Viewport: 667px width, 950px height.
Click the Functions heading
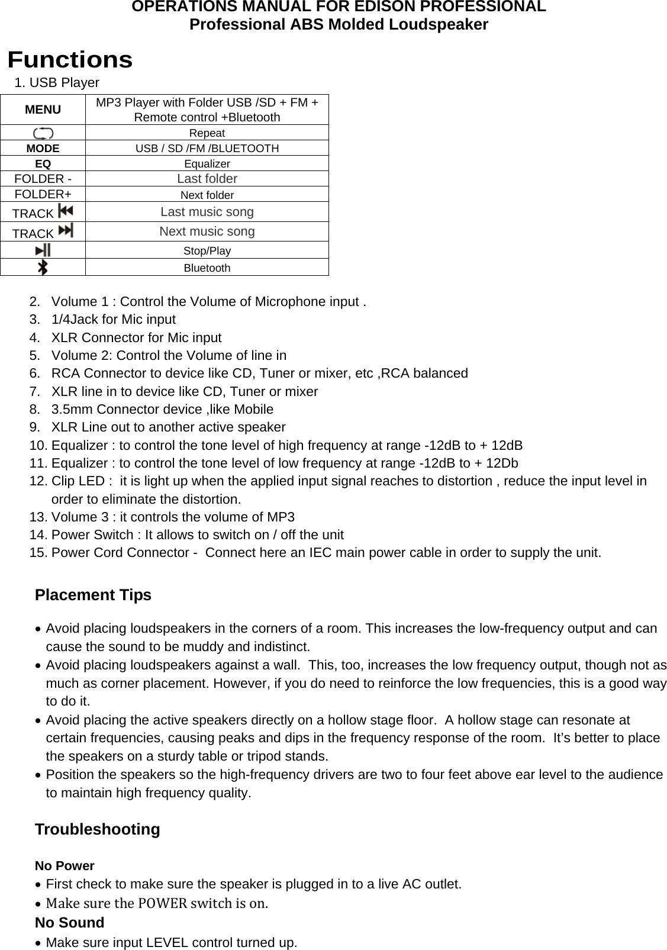[x=70, y=60]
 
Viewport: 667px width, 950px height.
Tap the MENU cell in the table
[x=43, y=110]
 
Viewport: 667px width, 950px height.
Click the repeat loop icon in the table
[x=43, y=133]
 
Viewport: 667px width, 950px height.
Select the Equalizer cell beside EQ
[x=207, y=163]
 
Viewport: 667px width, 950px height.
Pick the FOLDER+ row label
[x=43, y=194]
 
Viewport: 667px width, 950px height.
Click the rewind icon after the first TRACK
[x=66, y=211]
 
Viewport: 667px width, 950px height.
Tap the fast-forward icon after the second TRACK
[x=66, y=230]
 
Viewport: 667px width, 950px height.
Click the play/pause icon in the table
[x=43, y=250]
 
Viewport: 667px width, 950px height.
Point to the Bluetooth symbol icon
[x=43, y=268]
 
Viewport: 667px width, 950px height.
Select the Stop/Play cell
[x=207, y=250]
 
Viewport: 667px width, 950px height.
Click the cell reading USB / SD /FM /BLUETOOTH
[x=207, y=148]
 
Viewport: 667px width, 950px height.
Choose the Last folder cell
[x=207, y=179]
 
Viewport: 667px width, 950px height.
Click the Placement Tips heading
[x=93, y=595]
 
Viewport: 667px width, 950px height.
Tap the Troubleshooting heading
[x=97, y=829]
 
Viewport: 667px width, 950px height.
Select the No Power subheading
[x=65, y=866]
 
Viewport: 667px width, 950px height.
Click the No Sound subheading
[x=69, y=923]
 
